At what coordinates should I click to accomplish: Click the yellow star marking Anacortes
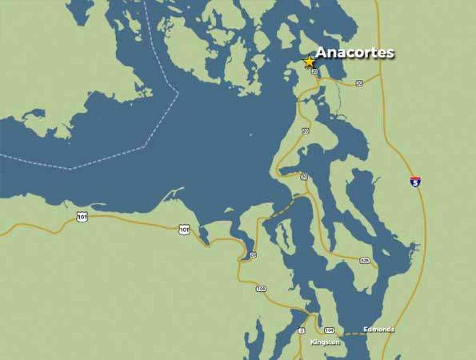(309, 62)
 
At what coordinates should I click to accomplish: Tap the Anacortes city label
(355, 53)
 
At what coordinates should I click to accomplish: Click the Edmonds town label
(379, 329)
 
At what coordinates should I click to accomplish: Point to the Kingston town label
(325, 342)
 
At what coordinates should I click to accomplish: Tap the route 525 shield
(364, 260)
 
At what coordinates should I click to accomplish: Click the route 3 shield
(301, 330)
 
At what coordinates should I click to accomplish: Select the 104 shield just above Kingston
(329, 330)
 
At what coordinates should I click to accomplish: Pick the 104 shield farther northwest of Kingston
(261, 289)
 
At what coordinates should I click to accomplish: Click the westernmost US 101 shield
(82, 217)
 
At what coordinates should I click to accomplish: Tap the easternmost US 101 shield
(184, 230)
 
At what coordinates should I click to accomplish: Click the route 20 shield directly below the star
(314, 71)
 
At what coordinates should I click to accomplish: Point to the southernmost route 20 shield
(252, 255)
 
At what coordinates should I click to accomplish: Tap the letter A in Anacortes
(321, 53)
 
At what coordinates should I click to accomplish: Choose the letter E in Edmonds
(365, 329)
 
